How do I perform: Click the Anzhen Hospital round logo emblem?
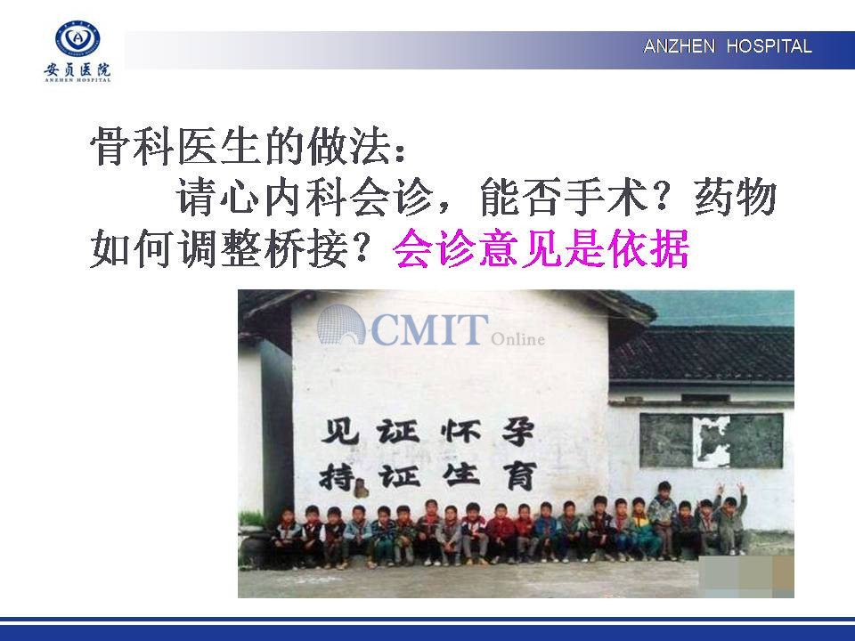pyautogui.click(x=77, y=38)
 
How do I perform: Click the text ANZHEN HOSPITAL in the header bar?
pyautogui.click(x=728, y=46)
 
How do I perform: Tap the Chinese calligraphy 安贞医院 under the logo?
pyautogui.click(x=77, y=69)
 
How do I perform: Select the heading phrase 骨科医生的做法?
pyautogui.click(x=242, y=146)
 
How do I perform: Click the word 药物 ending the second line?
pyautogui.click(x=735, y=197)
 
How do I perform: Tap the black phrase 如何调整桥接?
pyautogui.click(x=219, y=248)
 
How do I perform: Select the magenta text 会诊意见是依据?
pyautogui.click(x=541, y=248)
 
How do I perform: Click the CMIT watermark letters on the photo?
pyautogui.click(x=429, y=329)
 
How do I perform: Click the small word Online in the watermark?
pyautogui.click(x=518, y=339)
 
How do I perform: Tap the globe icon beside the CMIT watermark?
pyautogui.click(x=341, y=325)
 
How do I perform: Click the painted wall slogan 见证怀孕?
pyautogui.click(x=427, y=433)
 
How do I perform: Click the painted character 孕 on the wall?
pyautogui.click(x=517, y=433)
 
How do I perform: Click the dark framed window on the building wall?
pyautogui.click(x=712, y=441)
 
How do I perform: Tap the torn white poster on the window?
pyautogui.click(x=711, y=442)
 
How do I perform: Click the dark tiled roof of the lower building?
pyautogui.click(x=702, y=354)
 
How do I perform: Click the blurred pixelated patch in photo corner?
pyautogui.click(x=746, y=576)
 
